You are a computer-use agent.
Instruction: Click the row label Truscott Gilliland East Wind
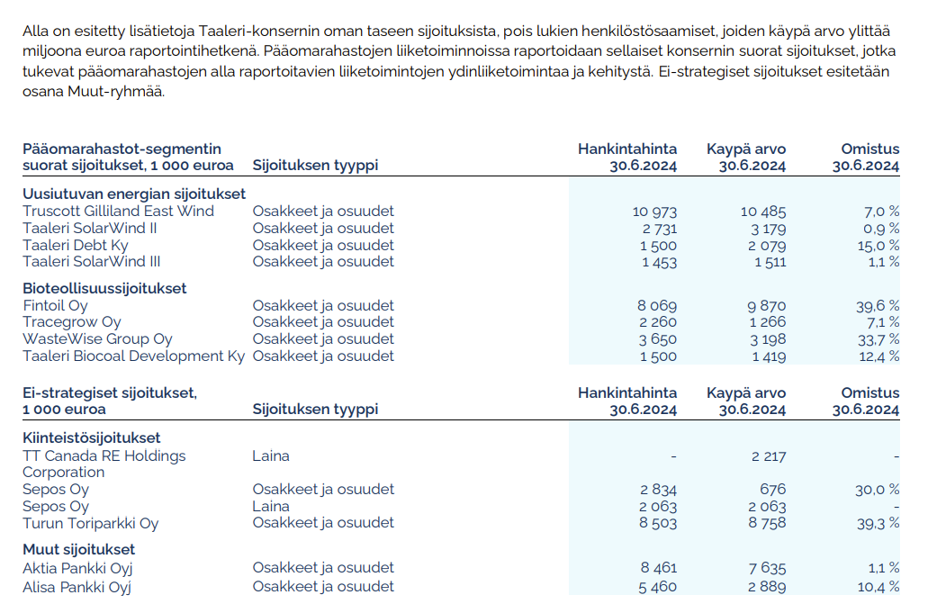tap(118, 211)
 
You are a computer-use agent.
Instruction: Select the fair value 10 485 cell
tap(762, 212)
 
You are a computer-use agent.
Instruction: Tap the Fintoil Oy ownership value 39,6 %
tap(878, 306)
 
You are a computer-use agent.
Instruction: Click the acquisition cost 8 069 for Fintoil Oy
tap(656, 306)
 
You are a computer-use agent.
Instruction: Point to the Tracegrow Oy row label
tap(72, 322)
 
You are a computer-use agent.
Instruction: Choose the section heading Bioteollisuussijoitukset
tap(104, 288)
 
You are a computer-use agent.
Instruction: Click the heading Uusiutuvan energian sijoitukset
tap(134, 194)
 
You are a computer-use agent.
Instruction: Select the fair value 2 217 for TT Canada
tap(768, 456)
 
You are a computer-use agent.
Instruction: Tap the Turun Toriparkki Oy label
tap(90, 523)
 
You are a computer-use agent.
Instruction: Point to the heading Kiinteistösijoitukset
tap(92, 437)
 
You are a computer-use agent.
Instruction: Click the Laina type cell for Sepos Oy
tap(271, 506)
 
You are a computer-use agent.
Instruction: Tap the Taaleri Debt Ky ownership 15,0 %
tap(878, 246)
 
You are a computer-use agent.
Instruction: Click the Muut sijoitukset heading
tap(79, 549)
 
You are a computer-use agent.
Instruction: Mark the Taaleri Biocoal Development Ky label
tap(133, 356)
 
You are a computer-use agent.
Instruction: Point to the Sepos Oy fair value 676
tap(772, 490)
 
